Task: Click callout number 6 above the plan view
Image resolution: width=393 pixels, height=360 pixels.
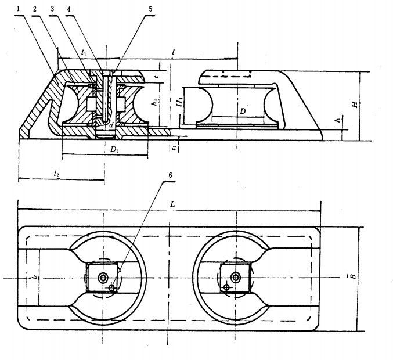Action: click(x=170, y=174)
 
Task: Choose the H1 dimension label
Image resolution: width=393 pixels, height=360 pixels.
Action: click(x=180, y=102)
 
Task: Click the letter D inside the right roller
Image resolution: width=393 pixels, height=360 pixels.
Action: click(x=244, y=110)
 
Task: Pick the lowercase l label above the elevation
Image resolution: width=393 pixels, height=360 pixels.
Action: click(x=174, y=52)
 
